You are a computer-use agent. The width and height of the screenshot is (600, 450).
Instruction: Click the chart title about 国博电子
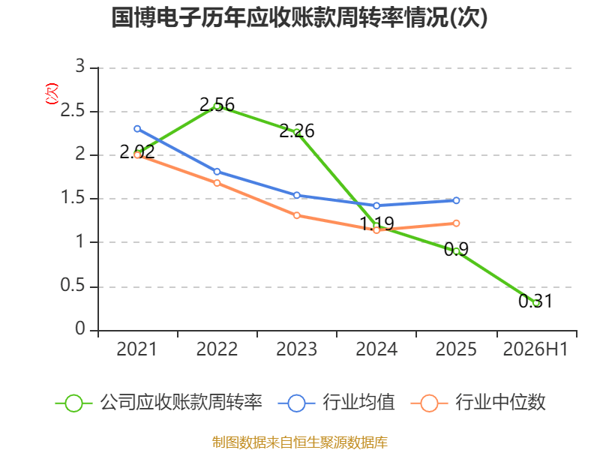click(299, 17)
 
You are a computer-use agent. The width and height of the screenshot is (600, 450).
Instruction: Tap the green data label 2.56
click(217, 104)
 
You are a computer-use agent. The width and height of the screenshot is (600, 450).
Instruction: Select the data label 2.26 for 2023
click(297, 130)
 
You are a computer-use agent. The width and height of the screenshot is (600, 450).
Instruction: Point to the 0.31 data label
click(535, 301)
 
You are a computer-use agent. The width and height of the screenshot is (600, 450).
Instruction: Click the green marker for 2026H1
click(536, 303)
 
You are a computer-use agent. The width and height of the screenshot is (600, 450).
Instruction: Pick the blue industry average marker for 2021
click(137, 129)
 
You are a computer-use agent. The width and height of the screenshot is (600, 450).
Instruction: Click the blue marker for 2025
click(456, 200)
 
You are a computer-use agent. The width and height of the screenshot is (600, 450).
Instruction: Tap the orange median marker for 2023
click(296, 215)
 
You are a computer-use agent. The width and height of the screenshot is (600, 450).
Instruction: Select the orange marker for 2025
click(456, 223)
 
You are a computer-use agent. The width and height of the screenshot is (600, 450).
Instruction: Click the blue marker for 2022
click(217, 172)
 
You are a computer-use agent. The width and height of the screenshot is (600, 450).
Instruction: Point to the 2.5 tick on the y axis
click(73, 110)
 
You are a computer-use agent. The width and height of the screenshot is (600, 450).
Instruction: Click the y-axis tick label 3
click(80, 67)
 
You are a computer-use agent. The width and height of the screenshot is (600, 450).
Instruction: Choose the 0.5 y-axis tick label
click(73, 286)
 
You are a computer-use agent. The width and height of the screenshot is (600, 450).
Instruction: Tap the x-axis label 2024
click(376, 349)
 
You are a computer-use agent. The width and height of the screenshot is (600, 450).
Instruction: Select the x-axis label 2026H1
click(535, 349)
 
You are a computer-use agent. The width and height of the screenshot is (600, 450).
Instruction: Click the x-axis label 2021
click(137, 349)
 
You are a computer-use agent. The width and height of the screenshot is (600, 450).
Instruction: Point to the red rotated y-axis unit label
click(52, 94)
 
